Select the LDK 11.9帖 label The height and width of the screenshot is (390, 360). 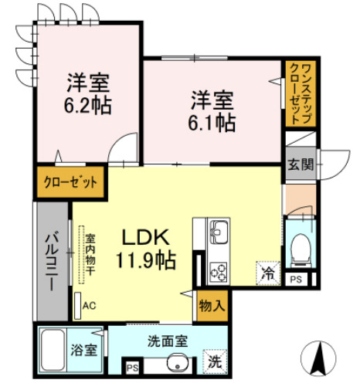coord(147,248)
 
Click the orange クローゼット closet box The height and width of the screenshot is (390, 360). coord(70,184)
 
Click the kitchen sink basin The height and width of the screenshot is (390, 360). coord(218,230)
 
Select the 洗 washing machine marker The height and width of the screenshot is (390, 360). coord(214,360)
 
